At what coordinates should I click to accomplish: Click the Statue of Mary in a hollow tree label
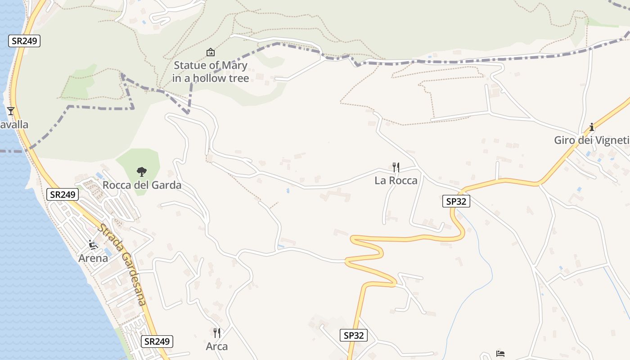tap(210, 72)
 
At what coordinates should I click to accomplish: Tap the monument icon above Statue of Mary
tap(210, 53)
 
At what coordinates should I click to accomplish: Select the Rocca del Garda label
tap(142, 185)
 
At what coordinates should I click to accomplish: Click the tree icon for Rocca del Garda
tap(142, 171)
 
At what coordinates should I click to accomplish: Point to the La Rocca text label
tap(396, 180)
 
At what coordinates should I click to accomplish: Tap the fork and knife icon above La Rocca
tap(396, 167)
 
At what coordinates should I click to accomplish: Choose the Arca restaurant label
tap(217, 346)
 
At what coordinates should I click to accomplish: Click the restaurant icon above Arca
tap(217, 333)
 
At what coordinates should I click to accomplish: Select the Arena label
tap(93, 258)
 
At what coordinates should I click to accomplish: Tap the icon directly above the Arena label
tap(93, 245)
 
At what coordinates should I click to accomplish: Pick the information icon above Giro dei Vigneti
tap(592, 127)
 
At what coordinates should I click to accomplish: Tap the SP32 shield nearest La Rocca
tap(456, 201)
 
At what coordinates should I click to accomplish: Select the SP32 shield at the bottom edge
tap(353, 335)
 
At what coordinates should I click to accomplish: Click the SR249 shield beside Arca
tap(157, 342)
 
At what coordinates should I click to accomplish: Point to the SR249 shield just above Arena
tap(63, 194)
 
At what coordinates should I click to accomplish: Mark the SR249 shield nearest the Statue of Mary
tap(24, 41)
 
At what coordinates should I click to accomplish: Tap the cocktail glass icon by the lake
tap(11, 111)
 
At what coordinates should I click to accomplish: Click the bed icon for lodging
tap(500, 353)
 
